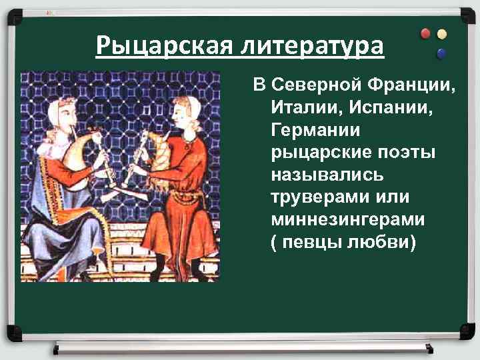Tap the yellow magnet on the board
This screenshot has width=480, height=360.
coord(441,33)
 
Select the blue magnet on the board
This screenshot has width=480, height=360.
coord(441,53)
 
